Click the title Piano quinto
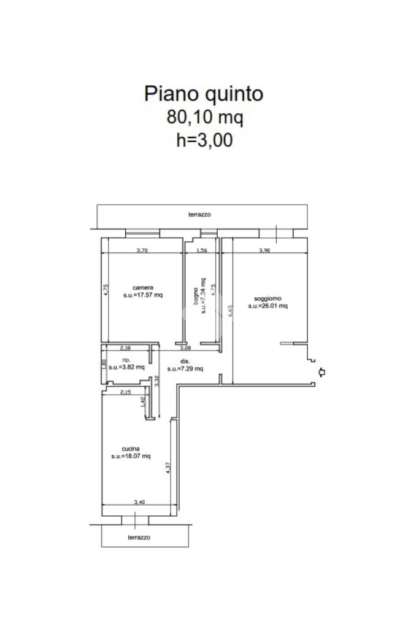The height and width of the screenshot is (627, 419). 204,94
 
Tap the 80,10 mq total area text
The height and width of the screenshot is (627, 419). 204,118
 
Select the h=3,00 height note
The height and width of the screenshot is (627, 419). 204,140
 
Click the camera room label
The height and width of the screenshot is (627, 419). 143,287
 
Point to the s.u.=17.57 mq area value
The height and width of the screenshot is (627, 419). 143,295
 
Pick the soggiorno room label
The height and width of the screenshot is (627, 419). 267,298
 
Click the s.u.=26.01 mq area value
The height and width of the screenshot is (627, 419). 267,306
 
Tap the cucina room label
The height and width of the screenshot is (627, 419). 131,449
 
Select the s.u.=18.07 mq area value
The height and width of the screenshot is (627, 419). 131,456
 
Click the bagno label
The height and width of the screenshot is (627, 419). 196,296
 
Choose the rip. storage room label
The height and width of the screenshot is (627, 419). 126,360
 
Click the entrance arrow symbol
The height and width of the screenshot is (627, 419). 321,372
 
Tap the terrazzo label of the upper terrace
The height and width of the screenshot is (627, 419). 199,215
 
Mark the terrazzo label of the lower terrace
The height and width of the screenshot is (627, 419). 139,538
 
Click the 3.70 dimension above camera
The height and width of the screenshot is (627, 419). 142,250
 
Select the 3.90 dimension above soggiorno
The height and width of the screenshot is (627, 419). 264,250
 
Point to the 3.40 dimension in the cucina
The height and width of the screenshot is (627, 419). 139,502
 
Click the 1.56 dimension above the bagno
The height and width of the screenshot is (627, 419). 202,251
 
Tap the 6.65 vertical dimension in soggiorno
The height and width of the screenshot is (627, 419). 229,311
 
